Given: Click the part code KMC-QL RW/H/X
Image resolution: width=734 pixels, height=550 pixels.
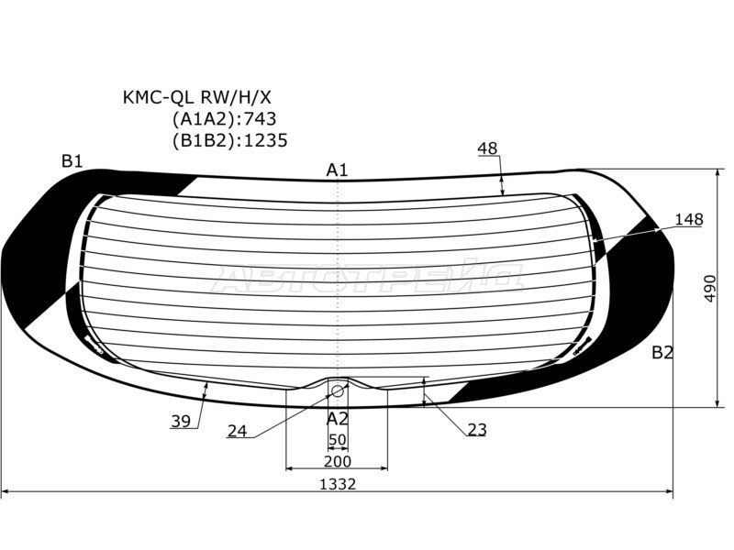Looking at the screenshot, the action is pyautogui.click(x=196, y=97).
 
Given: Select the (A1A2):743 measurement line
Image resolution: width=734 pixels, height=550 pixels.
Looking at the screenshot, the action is pyautogui.click(x=224, y=119).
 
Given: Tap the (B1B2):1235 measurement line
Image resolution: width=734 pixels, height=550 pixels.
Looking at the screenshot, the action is pyautogui.click(x=230, y=140).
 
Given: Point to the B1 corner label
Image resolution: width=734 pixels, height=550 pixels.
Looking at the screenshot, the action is pyautogui.click(x=72, y=161).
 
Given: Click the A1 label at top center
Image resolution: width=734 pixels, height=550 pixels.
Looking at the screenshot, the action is pyautogui.click(x=337, y=170).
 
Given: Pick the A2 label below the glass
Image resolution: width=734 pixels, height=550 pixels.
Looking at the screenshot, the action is pyautogui.click(x=337, y=419).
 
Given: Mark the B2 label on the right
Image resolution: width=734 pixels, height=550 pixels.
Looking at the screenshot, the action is pyautogui.click(x=662, y=352).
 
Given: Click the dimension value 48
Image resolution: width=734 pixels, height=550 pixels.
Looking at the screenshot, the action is pyautogui.click(x=487, y=148).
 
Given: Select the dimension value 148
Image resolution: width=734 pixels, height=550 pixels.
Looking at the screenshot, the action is pyautogui.click(x=689, y=219).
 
